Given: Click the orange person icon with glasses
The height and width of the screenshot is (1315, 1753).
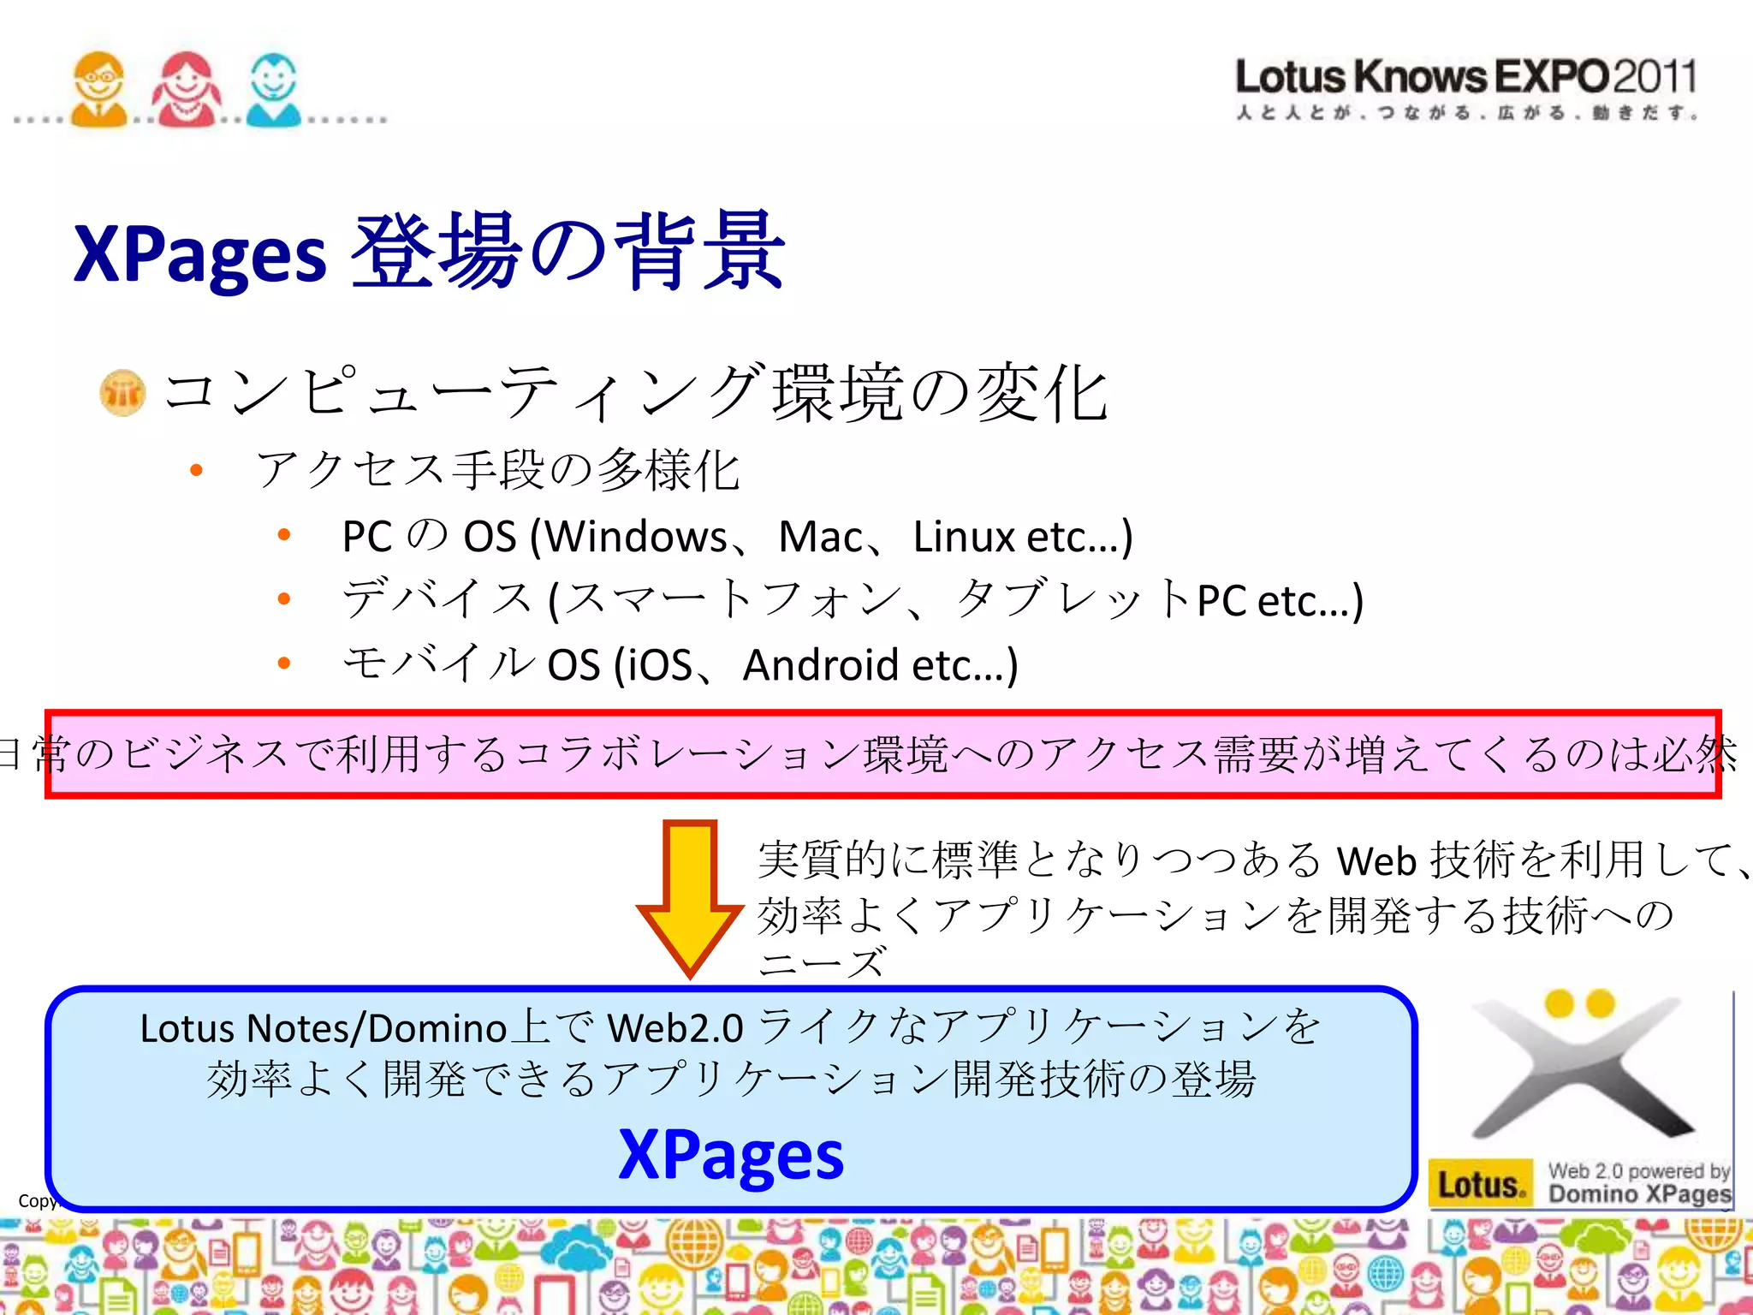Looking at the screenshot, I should point(98,89).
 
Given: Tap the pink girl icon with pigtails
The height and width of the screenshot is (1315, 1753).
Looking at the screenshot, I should point(186,89).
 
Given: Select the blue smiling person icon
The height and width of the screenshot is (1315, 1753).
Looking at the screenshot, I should point(273,89).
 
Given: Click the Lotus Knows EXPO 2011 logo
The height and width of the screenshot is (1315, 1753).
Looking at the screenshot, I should point(1465,86).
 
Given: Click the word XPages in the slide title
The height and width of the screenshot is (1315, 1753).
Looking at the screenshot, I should point(200,253).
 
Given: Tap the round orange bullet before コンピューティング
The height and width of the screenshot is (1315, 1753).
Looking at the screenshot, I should point(122,393).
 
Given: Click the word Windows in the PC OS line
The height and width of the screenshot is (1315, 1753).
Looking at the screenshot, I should point(637,538).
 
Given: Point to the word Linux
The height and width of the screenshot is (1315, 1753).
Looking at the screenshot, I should point(964,538).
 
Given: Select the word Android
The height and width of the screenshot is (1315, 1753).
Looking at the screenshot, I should point(821,665).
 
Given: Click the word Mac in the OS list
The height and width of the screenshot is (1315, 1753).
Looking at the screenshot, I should point(820,538).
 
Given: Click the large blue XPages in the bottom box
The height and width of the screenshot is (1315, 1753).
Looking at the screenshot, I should point(731,1154).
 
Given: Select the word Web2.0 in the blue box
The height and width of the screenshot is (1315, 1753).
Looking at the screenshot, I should point(675,1028).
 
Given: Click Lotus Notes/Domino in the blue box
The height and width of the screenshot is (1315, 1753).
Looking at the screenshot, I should point(324,1028).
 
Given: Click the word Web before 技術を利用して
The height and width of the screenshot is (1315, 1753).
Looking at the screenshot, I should point(1376,860).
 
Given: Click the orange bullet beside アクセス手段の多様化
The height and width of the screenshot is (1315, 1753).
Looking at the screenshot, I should point(197,470).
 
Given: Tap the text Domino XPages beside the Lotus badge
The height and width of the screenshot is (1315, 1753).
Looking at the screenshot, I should point(1639,1194).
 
